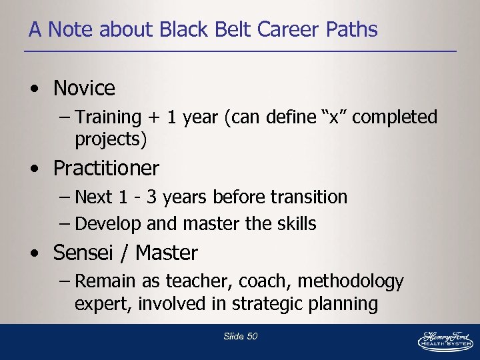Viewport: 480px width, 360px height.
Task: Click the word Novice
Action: point(84,88)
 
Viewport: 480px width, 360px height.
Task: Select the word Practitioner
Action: point(106,168)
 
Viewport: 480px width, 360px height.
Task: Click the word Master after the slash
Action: point(167,253)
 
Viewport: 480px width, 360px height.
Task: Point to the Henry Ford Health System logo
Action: point(445,340)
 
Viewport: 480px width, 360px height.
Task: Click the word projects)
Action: point(111,139)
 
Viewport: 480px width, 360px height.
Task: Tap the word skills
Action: point(294,224)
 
